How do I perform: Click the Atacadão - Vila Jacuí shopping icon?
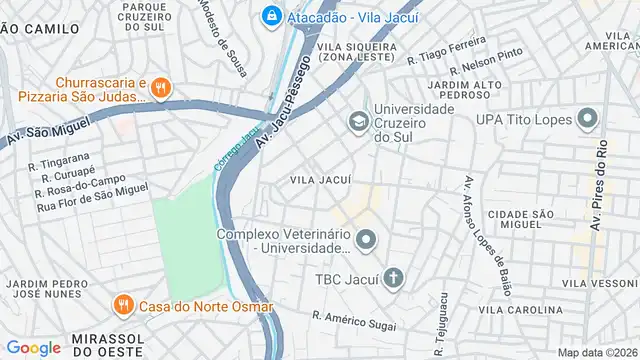(271, 16)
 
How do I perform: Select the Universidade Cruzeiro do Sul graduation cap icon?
(357, 122)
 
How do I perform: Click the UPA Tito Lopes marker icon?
(587, 121)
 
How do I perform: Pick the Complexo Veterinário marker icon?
(367, 238)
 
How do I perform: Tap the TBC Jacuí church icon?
(394, 277)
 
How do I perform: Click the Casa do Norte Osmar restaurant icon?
(123, 304)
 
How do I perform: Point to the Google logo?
(33, 347)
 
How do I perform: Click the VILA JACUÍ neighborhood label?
(320, 180)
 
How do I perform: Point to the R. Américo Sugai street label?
(353, 321)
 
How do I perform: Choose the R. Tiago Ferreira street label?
(446, 51)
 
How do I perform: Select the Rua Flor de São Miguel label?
(91, 197)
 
